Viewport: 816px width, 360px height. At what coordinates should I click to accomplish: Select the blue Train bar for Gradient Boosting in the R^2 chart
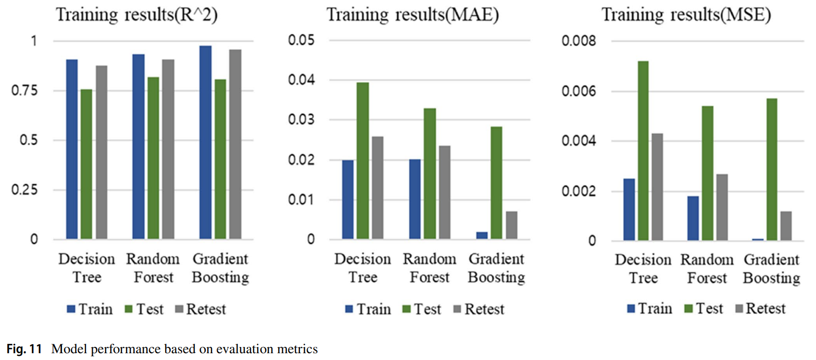pos(205,143)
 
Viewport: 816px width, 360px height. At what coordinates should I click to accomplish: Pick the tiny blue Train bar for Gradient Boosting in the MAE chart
pos(482,236)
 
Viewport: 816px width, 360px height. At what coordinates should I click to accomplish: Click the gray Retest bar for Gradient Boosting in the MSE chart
pos(786,226)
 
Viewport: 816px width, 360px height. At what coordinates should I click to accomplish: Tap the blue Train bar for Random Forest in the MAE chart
pos(415,200)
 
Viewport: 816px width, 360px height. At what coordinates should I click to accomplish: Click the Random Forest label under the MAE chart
pos(430,268)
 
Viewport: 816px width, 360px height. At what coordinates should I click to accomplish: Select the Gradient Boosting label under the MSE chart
pos(771,269)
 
